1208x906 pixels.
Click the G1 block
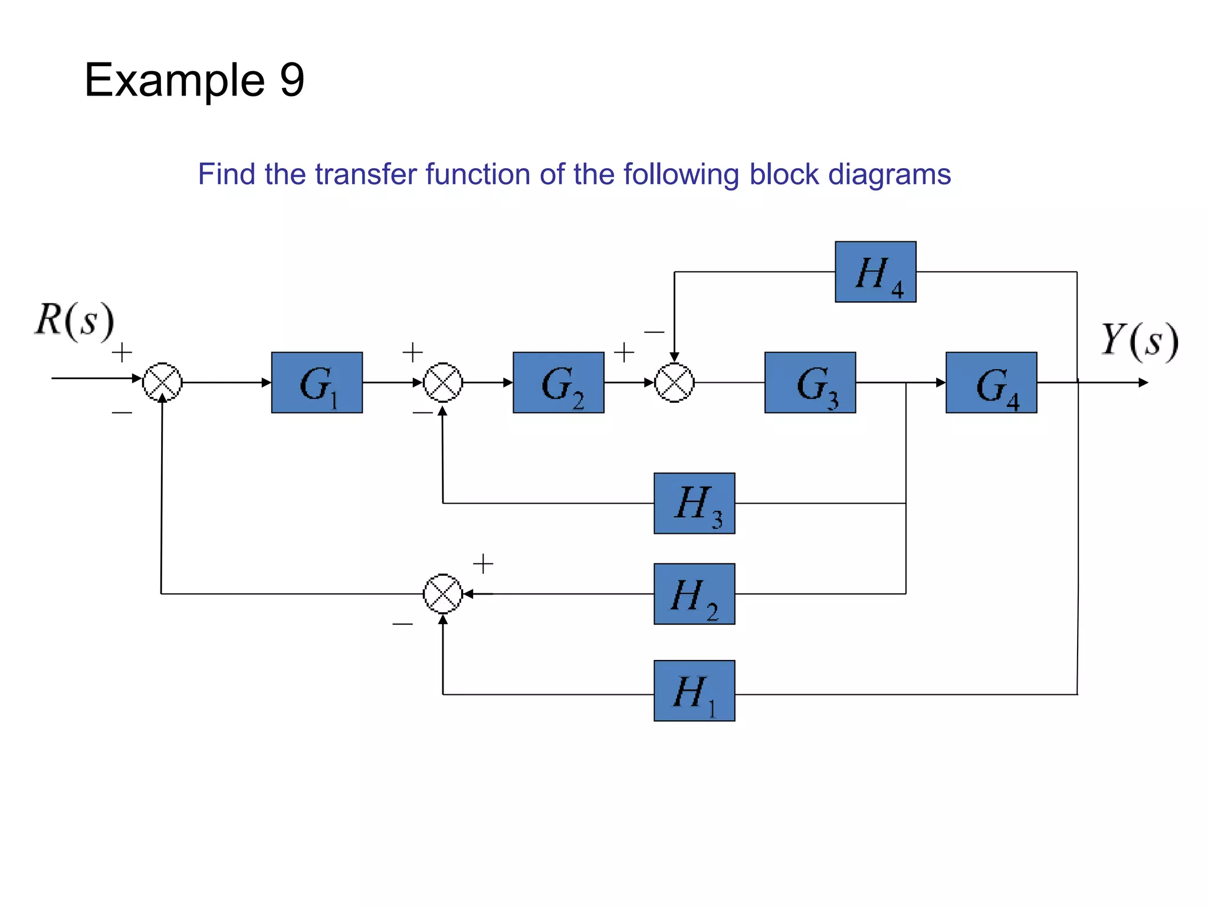click(317, 382)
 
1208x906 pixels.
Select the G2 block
click(558, 382)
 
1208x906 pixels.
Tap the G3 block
click(810, 382)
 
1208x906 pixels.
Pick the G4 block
click(991, 382)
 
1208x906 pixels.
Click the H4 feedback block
click(875, 272)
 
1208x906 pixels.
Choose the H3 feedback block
click(694, 503)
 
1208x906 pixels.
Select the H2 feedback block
click(694, 594)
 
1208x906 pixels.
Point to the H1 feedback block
click(694, 691)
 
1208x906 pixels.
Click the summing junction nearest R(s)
click(162, 382)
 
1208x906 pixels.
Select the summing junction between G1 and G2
click(443, 382)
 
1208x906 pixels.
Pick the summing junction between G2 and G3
click(674, 382)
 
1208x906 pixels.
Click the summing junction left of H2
click(443, 594)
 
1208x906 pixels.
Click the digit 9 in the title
click(292, 80)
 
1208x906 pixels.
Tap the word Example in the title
click(175, 80)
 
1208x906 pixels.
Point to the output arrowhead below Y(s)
click(1143, 383)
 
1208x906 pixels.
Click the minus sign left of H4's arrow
click(654, 332)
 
